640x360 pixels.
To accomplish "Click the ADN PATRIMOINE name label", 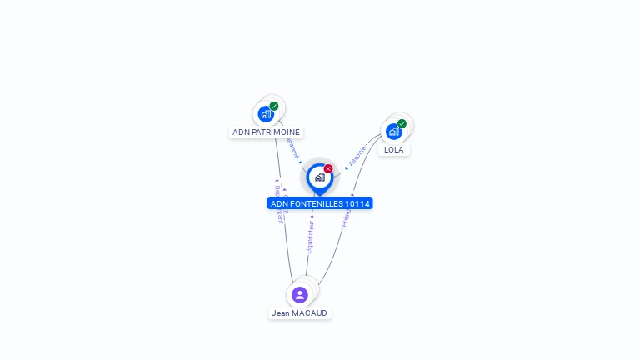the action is [x=266, y=132].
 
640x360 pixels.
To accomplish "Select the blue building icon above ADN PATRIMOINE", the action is [x=266, y=114].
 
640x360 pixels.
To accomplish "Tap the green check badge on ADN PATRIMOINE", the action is [x=274, y=106].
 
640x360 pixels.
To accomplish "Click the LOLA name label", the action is [x=394, y=150].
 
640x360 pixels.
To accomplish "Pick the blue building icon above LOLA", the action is [x=393, y=132].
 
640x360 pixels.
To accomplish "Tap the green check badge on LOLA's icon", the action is [x=402, y=123].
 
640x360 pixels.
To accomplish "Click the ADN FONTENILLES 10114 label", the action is [x=320, y=203].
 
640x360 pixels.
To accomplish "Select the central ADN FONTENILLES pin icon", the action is [x=319, y=177].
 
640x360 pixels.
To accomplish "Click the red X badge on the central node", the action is [x=328, y=168].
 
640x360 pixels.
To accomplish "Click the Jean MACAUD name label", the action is [x=300, y=313].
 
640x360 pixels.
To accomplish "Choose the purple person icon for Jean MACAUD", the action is [x=300, y=294].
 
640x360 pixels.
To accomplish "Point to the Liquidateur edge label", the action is [x=310, y=237].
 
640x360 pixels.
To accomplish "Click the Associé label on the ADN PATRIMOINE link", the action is [x=292, y=147].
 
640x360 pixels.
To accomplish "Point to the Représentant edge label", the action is [x=280, y=205].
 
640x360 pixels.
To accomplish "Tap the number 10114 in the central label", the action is [x=357, y=203].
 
